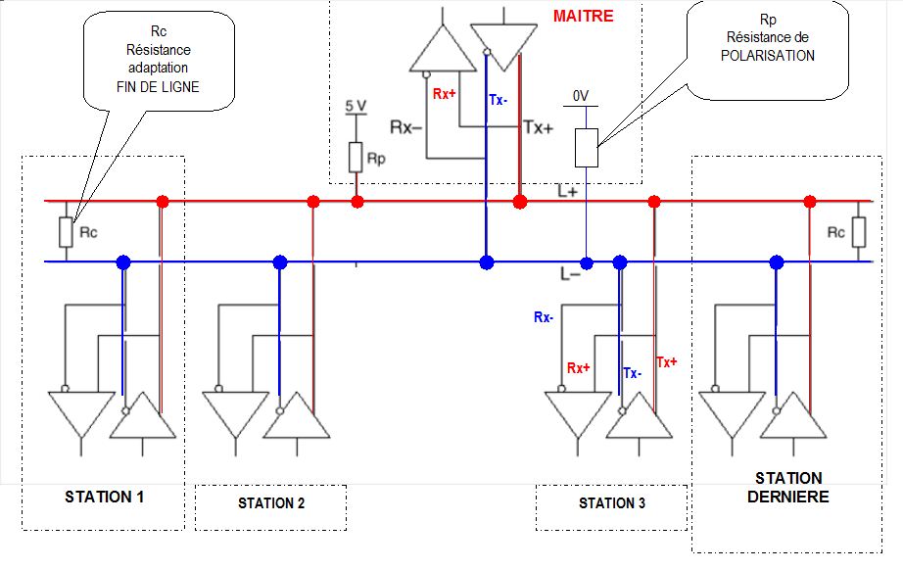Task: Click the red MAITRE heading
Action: [584, 17]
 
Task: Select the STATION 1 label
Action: [105, 497]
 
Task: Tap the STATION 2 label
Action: [271, 503]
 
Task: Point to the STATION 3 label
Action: [612, 503]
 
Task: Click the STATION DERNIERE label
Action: [788, 487]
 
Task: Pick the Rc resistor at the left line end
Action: [66, 232]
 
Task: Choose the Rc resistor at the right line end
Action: [859, 232]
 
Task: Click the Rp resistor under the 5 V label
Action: [356, 157]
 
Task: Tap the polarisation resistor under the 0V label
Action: [586, 147]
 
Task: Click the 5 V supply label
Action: [356, 105]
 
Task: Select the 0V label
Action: [580, 96]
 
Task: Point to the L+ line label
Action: [569, 192]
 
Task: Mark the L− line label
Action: [571, 275]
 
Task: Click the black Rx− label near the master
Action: [406, 127]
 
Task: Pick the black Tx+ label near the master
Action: [539, 127]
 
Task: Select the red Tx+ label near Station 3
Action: [667, 361]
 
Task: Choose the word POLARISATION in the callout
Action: [768, 56]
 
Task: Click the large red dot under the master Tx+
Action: [520, 202]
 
